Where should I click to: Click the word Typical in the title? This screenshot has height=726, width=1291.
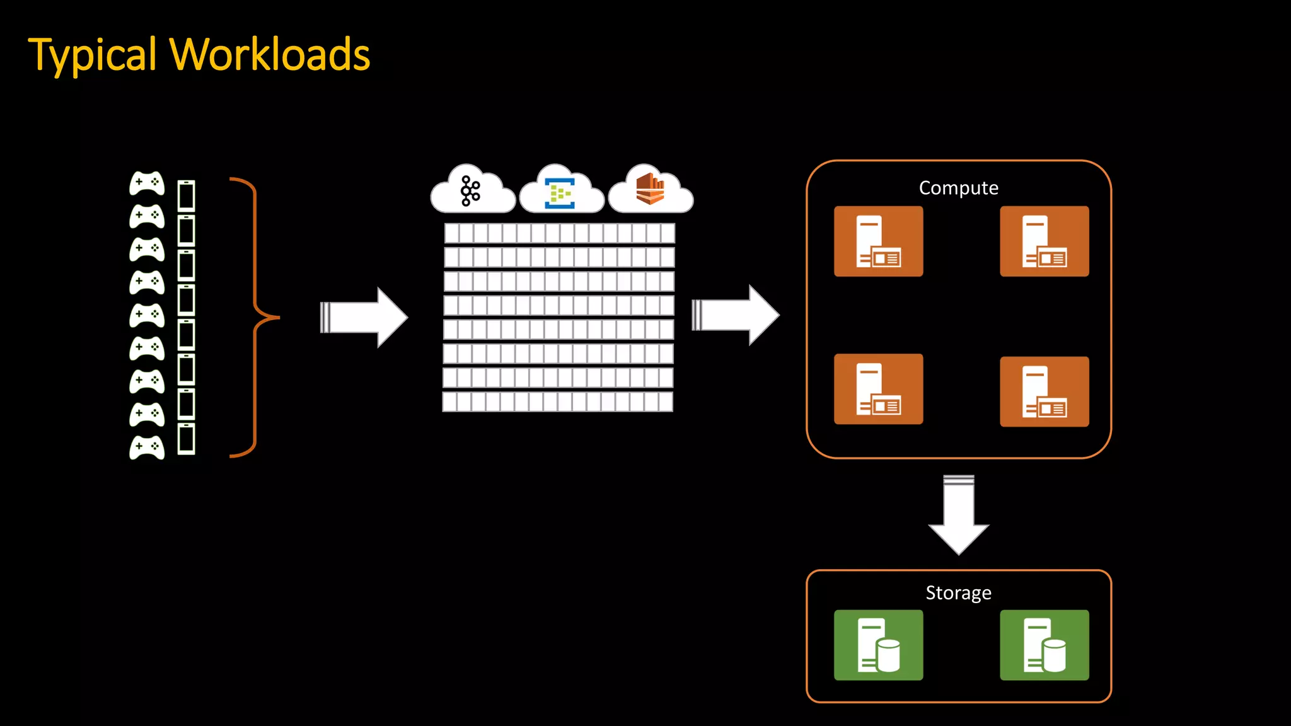point(92,55)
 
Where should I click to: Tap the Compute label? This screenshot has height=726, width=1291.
point(958,188)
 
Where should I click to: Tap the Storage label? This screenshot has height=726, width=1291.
point(958,592)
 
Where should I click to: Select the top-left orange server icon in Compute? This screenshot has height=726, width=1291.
point(878,241)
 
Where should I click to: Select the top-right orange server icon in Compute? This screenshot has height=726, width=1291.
point(1044,241)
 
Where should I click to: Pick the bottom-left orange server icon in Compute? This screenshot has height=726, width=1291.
point(878,389)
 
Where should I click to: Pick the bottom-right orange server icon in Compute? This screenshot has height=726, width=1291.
point(1044,392)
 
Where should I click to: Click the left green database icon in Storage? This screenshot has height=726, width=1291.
point(878,645)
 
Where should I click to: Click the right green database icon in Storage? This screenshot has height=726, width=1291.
point(1044,645)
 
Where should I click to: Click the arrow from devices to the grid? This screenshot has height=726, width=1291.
point(364,317)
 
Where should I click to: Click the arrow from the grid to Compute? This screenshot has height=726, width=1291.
point(736,315)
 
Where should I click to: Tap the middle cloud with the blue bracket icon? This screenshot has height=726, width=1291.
point(561,192)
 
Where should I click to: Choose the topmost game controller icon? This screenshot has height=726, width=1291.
point(147,183)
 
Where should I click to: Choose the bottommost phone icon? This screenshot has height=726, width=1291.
point(186,439)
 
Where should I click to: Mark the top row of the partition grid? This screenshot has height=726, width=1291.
point(559,233)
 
